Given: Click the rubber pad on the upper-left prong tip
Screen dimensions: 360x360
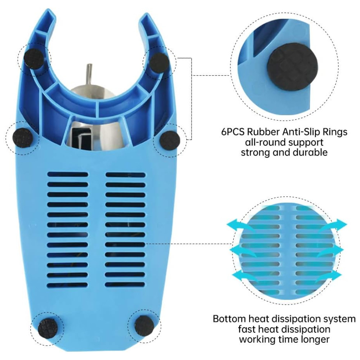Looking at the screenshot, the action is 34,59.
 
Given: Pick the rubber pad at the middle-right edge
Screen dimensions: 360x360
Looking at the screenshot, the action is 170,140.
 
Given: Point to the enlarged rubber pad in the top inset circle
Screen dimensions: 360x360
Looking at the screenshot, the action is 289,68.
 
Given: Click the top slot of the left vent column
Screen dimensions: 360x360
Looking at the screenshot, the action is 68,174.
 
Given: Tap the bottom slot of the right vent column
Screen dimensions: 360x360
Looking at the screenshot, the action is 125,284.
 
